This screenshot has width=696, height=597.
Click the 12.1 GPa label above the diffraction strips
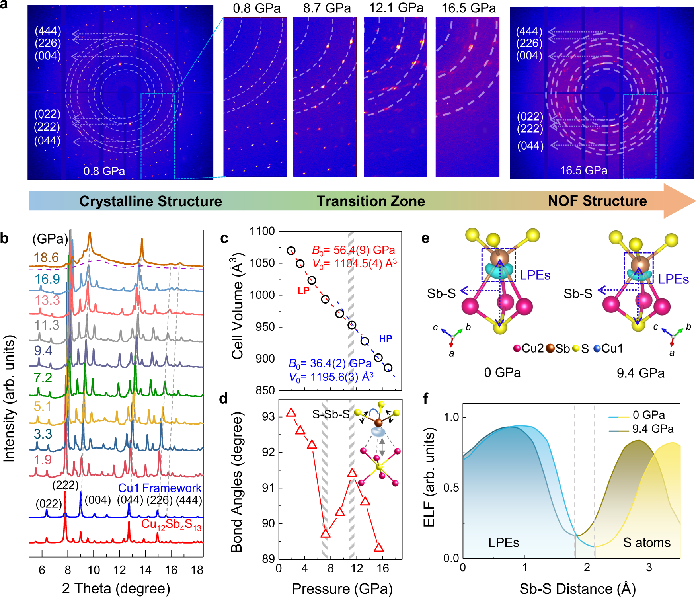(396, 8)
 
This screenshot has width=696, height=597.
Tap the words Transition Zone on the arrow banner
(370, 201)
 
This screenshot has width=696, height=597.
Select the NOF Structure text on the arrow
(597, 201)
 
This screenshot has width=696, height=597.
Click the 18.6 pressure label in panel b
(46, 258)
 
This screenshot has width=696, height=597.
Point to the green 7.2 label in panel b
(43, 378)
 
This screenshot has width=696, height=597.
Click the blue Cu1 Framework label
(160, 488)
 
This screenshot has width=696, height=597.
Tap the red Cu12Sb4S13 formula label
(171, 525)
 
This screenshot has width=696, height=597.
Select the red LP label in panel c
(303, 291)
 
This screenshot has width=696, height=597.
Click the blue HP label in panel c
(385, 339)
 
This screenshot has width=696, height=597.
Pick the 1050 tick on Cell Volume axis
(262, 263)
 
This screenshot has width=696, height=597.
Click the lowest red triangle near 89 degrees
(379, 548)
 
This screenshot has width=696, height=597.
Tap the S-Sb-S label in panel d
(331, 415)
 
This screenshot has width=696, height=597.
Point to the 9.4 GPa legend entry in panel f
(653, 429)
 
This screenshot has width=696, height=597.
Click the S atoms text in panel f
(647, 543)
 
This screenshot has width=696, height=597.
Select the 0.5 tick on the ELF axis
(451, 488)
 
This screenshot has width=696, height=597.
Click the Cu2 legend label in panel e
(532, 349)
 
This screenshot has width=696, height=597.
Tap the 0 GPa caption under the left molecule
(502, 373)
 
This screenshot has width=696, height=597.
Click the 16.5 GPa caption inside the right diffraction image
(583, 171)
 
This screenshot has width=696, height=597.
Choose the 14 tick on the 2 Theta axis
(145, 570)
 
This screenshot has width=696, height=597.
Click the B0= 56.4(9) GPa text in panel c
(353, 250)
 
